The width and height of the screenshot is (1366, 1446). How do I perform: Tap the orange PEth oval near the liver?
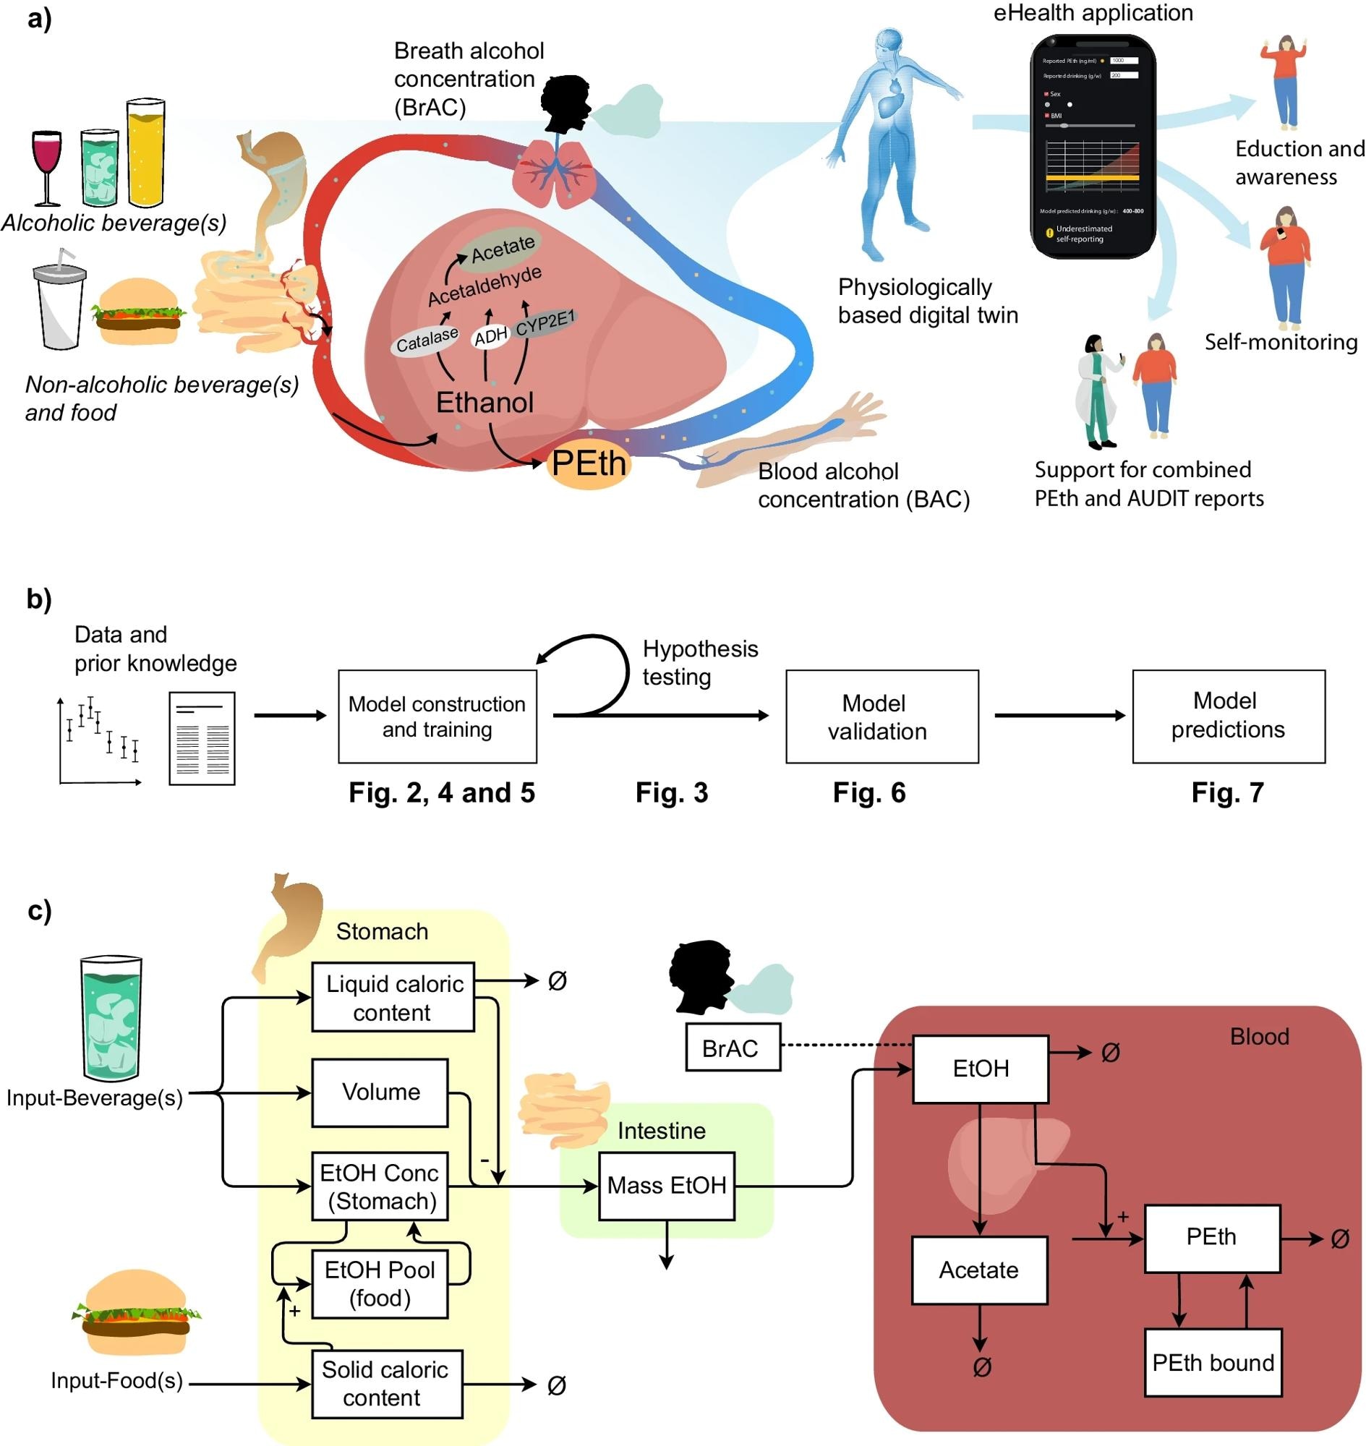click(x=589, y=463)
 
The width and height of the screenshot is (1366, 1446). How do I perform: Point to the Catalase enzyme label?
click(x=427, y=339)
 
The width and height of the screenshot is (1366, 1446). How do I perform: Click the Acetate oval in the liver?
click(x=503, y=248)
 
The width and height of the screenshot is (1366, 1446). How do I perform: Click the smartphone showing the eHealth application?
click(x=1092, y=145)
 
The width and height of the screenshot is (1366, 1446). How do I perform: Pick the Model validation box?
click(x=882, y=716)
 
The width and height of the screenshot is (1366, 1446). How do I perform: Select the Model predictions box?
click(x=1229, y=716)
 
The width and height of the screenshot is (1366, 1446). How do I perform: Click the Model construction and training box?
click(x=437, y=716)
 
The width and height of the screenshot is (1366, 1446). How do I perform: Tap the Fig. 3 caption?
click(x=671, y=793)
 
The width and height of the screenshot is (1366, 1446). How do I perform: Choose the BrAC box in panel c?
click(x=733, y=1048)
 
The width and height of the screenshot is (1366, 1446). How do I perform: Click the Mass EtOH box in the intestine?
click(x=666, y=1186)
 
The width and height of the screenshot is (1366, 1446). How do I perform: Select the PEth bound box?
click(x=1213, y=1362)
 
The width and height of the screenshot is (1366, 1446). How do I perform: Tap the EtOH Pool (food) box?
click(x=380, y=1284)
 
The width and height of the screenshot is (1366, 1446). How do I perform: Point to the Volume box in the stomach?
click(x=380, y=1092)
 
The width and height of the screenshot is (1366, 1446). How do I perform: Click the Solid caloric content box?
click(x=387, y=1384)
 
